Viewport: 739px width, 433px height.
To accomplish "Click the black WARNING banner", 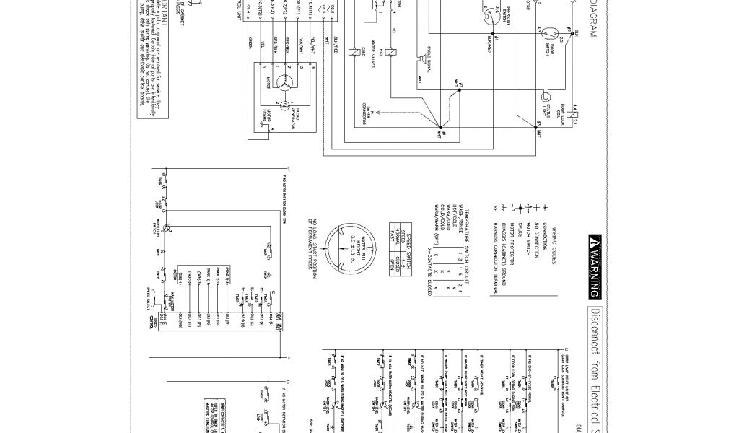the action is pos(595,266).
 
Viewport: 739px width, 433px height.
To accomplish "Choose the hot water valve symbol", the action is pos(387,53).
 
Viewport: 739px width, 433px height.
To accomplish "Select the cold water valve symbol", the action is pos(351,53).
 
